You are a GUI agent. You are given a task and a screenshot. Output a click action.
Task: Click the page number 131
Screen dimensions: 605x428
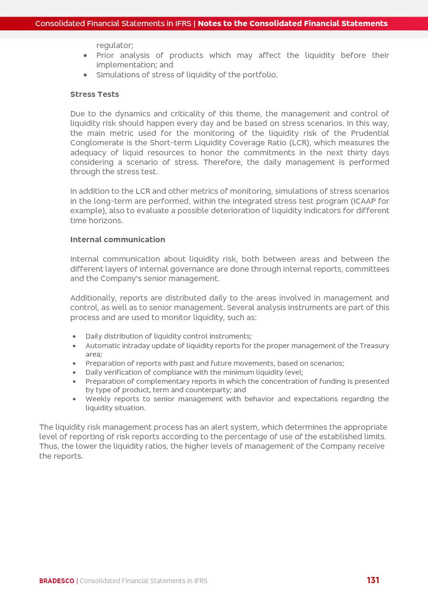pyautogui.click(x=373, y=580)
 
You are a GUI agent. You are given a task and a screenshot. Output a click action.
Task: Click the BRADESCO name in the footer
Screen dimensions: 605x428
pyautogui.click(x=57, y=581)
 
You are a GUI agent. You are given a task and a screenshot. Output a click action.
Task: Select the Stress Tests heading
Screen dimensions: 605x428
pyautogui.click(x=95, y=94)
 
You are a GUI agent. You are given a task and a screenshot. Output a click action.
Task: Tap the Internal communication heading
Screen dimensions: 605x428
pyautogui.click(x=117, y=239)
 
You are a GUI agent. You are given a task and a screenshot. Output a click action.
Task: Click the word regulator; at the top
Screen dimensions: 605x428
pyautogui.click(x=115, y=45)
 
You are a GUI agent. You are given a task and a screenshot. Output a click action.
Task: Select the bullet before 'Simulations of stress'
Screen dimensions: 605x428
pyautogui.click(x=85, y=75)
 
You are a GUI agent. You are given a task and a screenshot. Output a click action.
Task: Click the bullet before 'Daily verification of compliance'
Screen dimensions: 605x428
pyautogui.click(x=74, y=373)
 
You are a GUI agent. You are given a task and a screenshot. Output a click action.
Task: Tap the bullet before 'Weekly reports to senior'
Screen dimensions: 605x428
pyautogui.click(x=74, y=399)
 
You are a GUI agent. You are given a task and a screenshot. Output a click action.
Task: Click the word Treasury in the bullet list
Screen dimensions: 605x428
pyautogui.click(x=373, y=346)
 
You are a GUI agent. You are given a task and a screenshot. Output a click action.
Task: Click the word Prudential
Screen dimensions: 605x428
pyautogui.click(x=370, y=133)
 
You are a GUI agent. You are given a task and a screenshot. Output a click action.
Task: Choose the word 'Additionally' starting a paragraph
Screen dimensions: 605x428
pyautogui.click(x=93, y=298)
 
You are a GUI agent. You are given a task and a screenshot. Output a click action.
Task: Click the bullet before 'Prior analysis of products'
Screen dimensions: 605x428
pyautogui.click(x=85, y=56)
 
